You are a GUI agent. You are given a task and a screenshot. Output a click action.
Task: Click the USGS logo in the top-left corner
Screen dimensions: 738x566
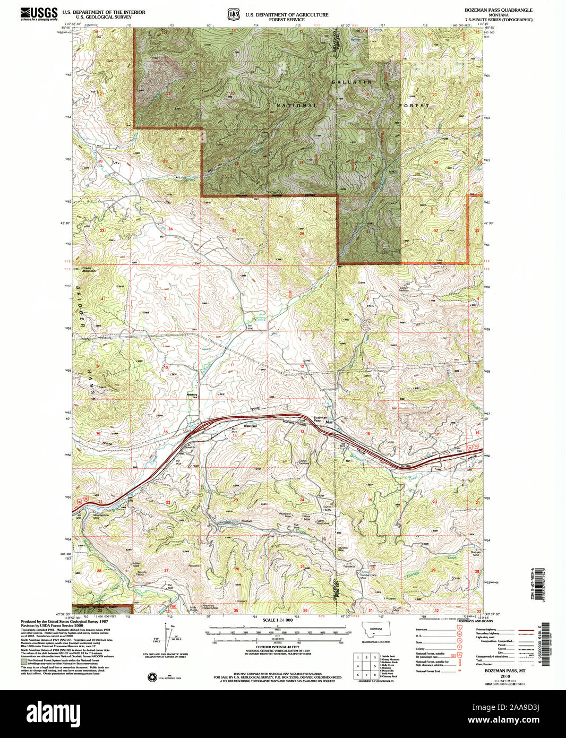[x=39, y=14]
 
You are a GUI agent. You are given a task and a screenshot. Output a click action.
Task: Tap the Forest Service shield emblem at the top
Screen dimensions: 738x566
[x=233, y=14]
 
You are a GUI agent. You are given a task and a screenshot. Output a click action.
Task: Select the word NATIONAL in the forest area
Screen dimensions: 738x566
[x=296, y=106]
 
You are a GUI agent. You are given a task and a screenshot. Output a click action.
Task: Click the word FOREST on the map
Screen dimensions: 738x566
[x=414, y=106]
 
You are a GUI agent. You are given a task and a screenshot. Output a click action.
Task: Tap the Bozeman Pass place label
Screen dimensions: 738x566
[x=320, y=419]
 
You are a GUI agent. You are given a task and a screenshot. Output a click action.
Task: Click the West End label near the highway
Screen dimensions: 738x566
[x=250, y=426]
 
